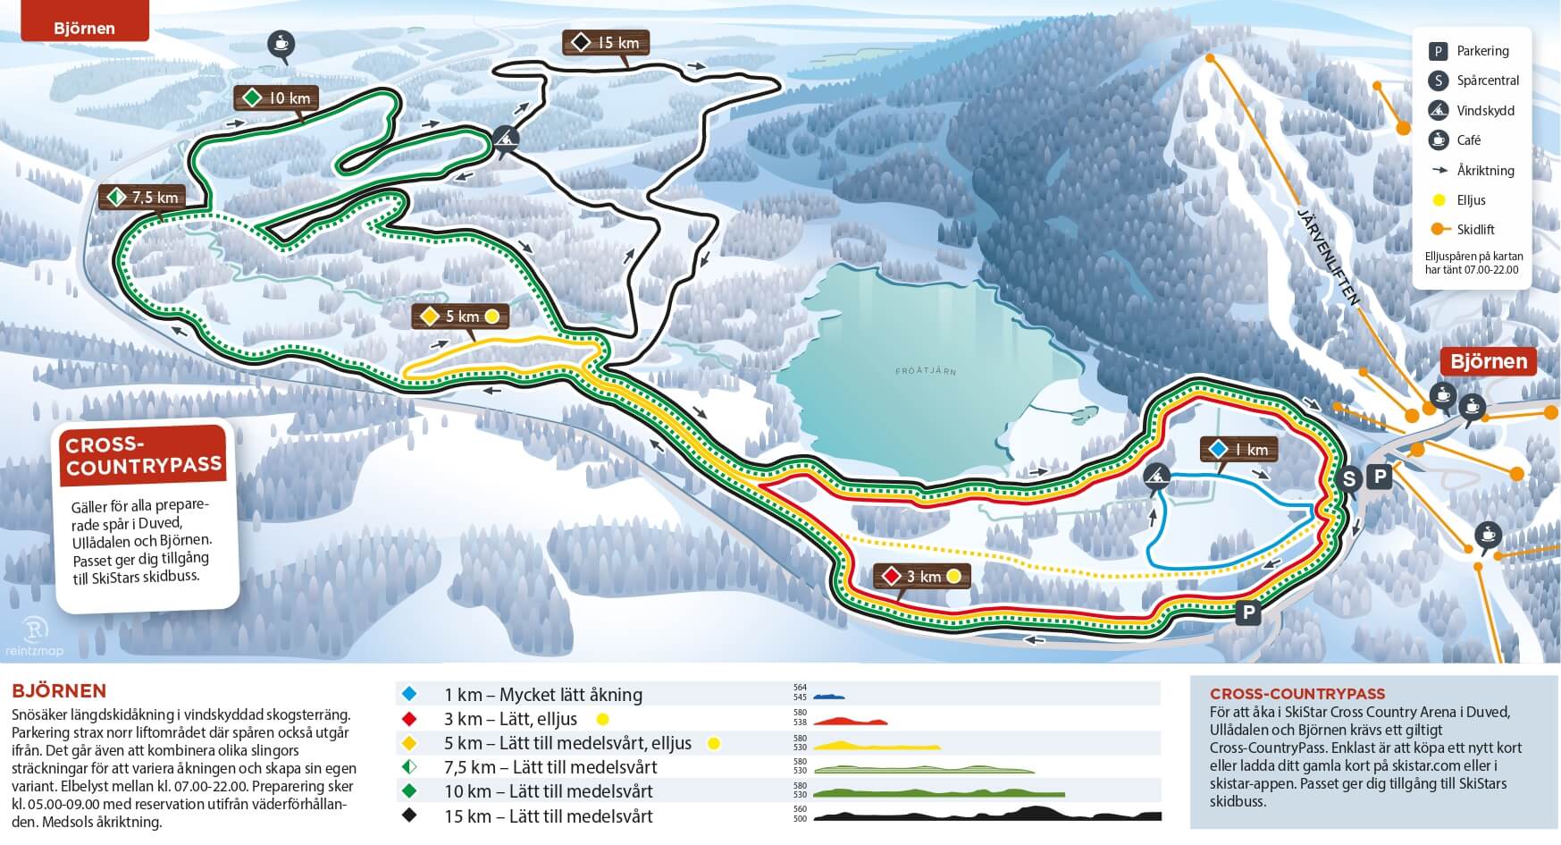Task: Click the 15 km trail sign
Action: click(606, 43)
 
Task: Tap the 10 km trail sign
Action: click(277, 98)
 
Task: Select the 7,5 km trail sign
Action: click(143, 198)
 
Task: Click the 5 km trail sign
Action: click(460, 317)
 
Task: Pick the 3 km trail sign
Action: click(921, 577)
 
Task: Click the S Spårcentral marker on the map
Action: click(1348, 479)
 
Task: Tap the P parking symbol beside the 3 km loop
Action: click(1247, 613)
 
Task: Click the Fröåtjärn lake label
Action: click(926, 370)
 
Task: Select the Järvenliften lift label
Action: click(1327, 256)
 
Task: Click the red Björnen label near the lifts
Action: click(1488, 361)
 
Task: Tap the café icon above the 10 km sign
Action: click(281, 43)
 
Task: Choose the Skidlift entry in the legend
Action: click(1474, 230)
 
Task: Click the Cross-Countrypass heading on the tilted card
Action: click(143, 456)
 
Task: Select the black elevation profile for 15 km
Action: click(986, 815)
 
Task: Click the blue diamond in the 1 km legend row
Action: click(409, 695)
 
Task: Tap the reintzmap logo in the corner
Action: click(34, 636)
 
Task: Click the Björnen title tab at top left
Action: click(84, 26)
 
